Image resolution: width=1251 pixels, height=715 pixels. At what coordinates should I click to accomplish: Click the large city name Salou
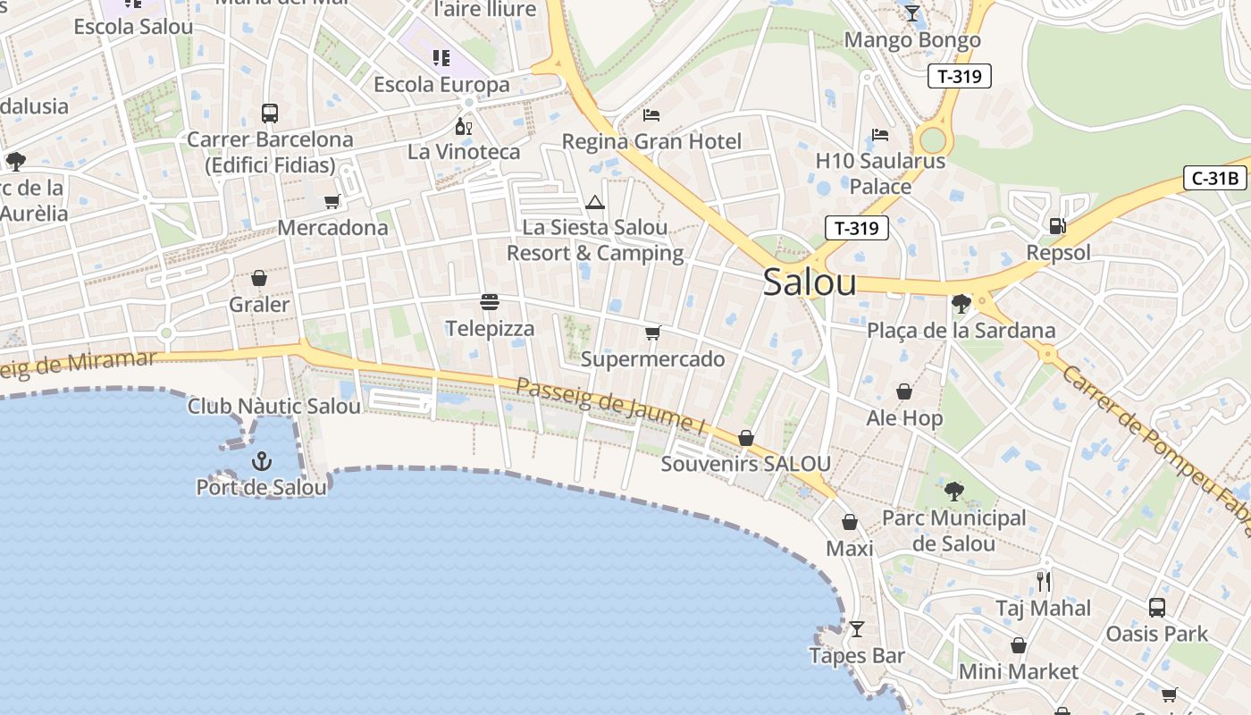(810, 282)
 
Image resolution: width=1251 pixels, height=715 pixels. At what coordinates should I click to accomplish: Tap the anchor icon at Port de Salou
(262, 461)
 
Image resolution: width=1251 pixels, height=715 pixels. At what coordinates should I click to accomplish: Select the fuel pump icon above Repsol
(1058, 225)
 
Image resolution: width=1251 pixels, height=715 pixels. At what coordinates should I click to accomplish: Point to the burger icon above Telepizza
(489, 302)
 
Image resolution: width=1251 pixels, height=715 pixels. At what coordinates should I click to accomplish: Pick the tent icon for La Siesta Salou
(595, 203)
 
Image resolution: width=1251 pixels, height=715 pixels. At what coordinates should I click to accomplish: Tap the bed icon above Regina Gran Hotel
(651, 115)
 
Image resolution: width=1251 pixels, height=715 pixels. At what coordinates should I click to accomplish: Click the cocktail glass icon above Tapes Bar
(856, 629)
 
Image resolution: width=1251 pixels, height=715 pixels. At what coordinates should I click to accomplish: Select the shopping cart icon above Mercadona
(332, 202)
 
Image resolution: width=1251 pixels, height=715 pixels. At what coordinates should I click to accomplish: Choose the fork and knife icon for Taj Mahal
(1044, 582)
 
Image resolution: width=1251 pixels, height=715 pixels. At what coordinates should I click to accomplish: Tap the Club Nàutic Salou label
(274, 407)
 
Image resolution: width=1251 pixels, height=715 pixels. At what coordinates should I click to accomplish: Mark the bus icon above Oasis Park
(1157, 608)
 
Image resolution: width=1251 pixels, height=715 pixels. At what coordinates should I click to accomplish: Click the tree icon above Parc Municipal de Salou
(954, 491)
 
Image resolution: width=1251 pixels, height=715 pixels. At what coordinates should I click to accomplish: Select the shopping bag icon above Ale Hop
(904, 391)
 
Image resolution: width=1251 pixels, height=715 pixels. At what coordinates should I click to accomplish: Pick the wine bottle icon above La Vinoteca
(463, 126)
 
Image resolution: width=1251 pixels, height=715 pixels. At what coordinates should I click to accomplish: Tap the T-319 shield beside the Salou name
(856, 228)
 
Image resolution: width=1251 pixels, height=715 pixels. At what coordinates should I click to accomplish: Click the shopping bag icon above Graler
(259, 279)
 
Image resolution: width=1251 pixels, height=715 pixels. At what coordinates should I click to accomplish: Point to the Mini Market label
(1018, 671)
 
